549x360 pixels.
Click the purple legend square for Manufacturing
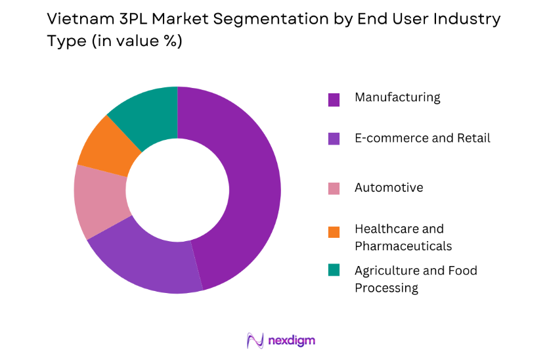(334, 99)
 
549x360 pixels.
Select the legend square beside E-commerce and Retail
(334, 139)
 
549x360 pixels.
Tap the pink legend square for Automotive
(334, 189)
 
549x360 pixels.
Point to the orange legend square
(334, 231)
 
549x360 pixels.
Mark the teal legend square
(334, 269)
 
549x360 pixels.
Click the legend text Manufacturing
(397, 98)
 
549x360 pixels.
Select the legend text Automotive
(389, 188)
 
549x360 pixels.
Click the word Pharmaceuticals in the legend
(403, 246)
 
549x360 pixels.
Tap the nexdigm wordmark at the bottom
(292, 340)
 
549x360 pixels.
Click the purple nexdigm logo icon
(255, 340)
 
